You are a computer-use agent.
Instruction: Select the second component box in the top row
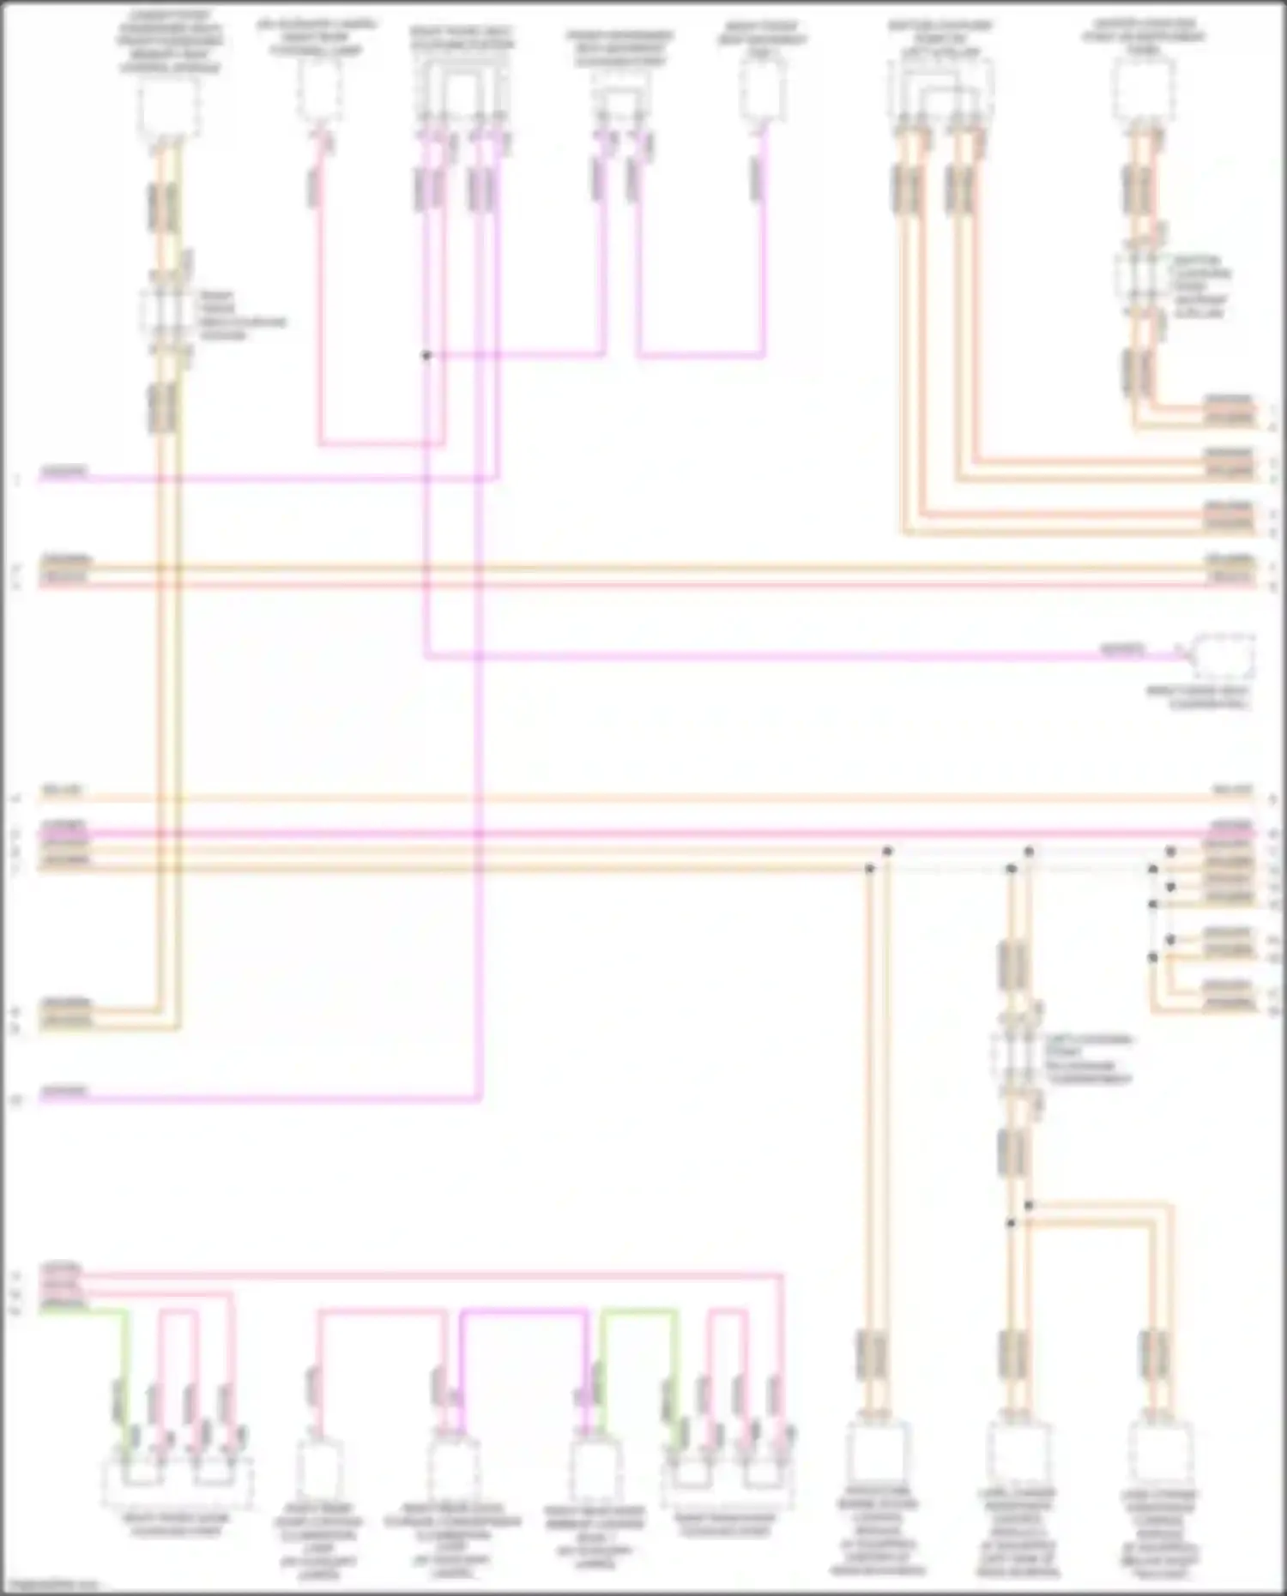(x=319, y=91)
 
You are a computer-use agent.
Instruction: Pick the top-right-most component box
(x=1143, y=90)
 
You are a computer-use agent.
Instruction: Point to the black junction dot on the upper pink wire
(x=426, y=355)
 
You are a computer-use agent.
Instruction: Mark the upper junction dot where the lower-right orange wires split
(x=1029, y=1205)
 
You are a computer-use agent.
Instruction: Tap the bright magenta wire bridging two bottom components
(x=523, y=1311)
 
